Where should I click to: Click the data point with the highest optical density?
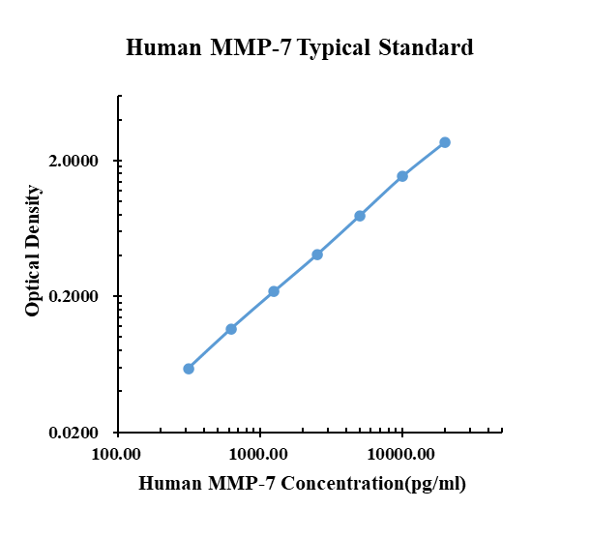[445, 142]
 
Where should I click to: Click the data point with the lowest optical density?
[189, 369]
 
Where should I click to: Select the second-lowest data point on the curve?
[231, 329]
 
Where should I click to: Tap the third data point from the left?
[274, 291]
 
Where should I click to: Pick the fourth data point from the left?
[317, 255]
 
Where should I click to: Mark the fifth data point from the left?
[360, 216]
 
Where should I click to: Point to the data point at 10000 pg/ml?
[402, 176]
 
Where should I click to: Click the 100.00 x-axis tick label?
[118, 454]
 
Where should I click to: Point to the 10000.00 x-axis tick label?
[400, 454]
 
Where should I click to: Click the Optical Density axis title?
[34, 252]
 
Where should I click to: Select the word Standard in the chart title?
[425, 47]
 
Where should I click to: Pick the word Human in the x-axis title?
[169, 484]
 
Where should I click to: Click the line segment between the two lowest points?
[210, 349]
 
